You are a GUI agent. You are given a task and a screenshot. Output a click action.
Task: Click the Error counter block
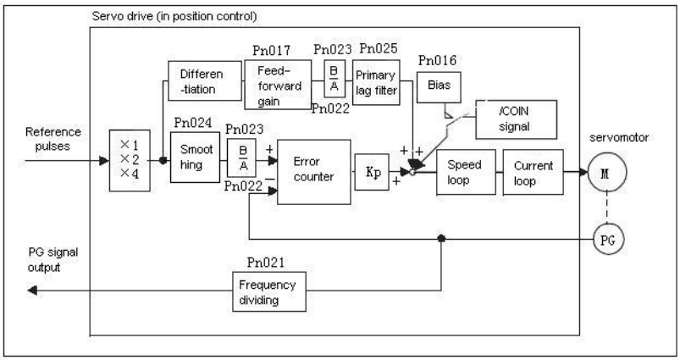point(314,172)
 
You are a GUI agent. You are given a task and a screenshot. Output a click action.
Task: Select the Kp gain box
point(372,172)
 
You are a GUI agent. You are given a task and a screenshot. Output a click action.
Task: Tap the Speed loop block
point(466,172)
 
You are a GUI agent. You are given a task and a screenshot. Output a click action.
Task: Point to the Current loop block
point(533,172)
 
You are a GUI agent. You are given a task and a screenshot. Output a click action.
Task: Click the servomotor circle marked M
point(606,172)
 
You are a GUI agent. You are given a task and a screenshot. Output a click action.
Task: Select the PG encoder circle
point(609,240)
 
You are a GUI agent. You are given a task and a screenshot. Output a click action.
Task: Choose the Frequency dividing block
point(269,291)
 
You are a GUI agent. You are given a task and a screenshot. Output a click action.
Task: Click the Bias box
point(439,87)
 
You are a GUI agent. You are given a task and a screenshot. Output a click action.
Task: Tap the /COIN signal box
point(516,119)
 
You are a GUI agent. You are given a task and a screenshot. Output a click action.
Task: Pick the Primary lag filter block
point(376,82)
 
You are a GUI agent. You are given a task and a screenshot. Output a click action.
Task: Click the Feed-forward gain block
point(278,85)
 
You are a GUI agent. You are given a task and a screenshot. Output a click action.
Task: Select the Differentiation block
point(205,81)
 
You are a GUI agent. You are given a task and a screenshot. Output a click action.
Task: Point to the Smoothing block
point(195,158)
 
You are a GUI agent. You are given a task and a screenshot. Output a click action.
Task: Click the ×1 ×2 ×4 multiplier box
point(130,160)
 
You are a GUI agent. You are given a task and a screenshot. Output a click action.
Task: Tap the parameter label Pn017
point(272,51)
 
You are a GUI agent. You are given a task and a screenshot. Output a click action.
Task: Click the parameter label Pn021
point(266,263)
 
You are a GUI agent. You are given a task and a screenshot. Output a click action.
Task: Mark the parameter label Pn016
point(437,60)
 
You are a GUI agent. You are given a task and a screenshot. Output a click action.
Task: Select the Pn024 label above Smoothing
point(193,123)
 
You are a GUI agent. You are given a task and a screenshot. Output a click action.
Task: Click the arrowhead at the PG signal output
point(32,291)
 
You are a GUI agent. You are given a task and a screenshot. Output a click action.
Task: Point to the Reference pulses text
point(53,139)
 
